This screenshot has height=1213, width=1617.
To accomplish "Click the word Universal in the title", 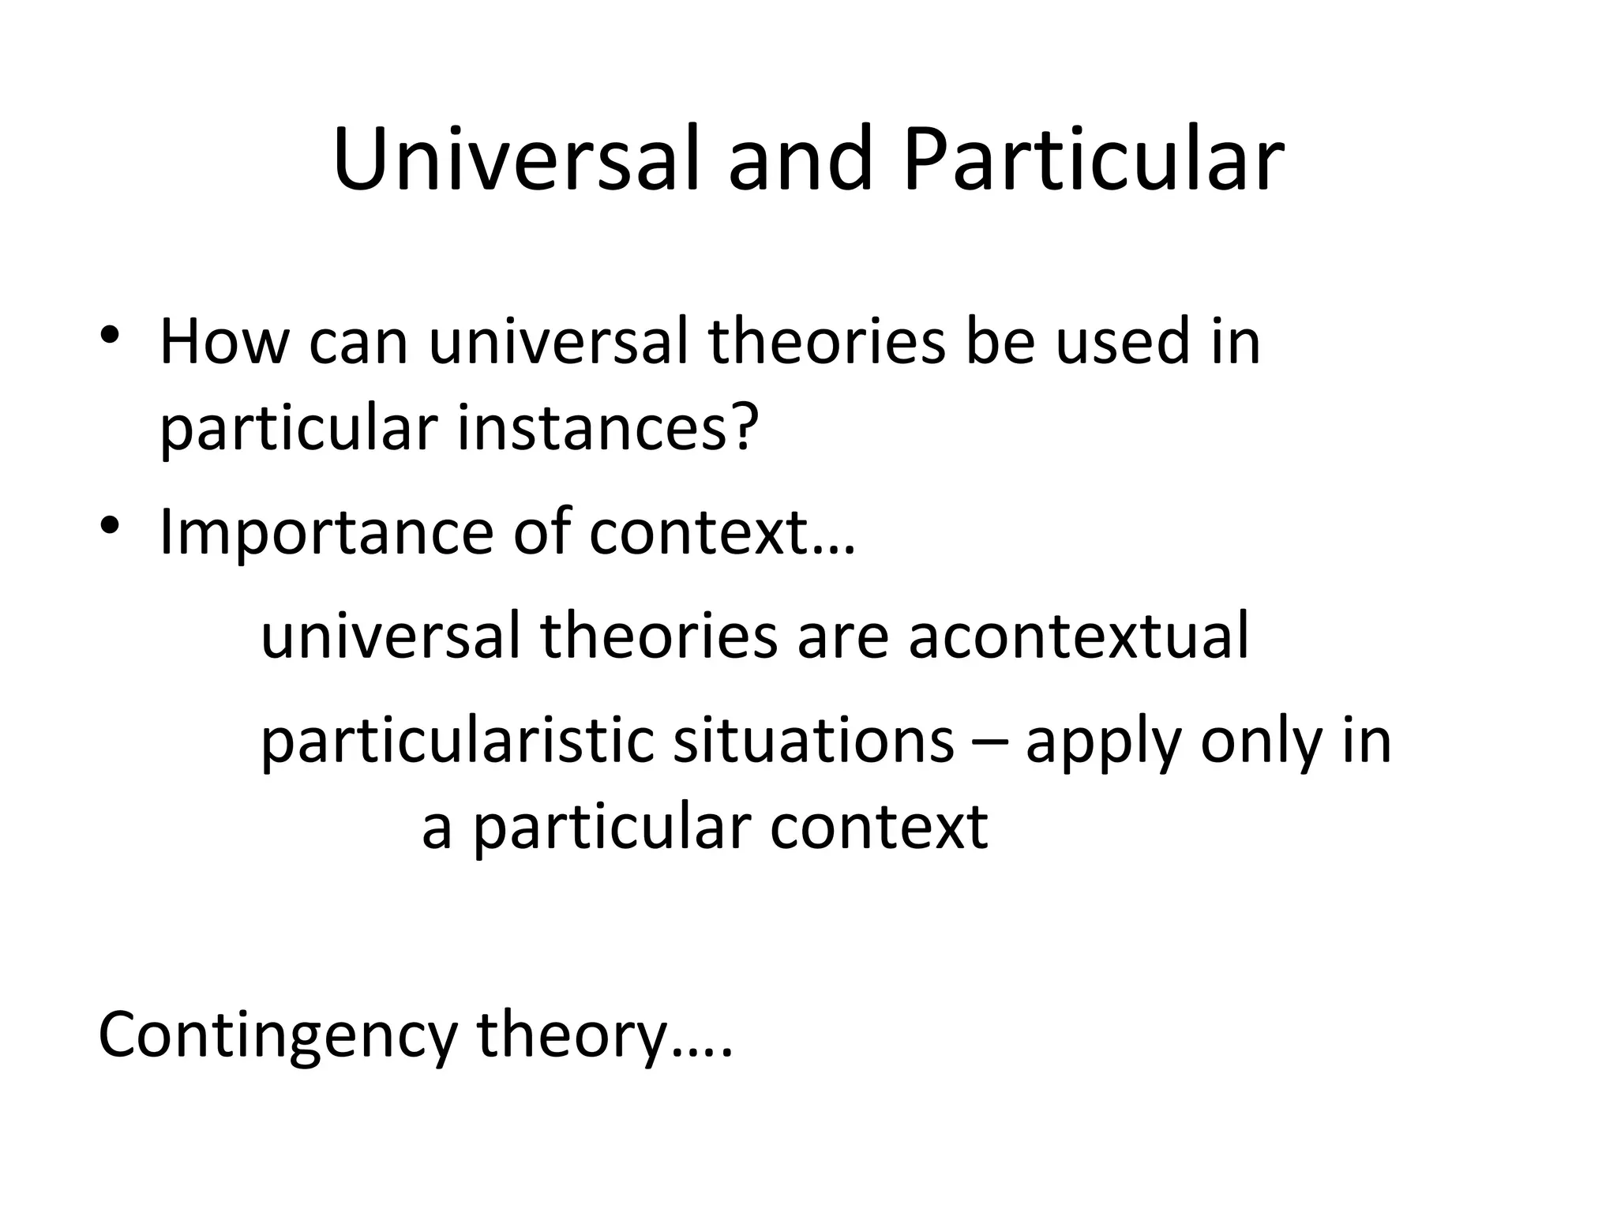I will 515,160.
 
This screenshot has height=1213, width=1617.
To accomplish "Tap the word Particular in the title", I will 1093,160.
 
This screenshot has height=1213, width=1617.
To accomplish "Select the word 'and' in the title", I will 801,160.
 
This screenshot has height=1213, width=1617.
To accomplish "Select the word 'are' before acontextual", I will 842,637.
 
